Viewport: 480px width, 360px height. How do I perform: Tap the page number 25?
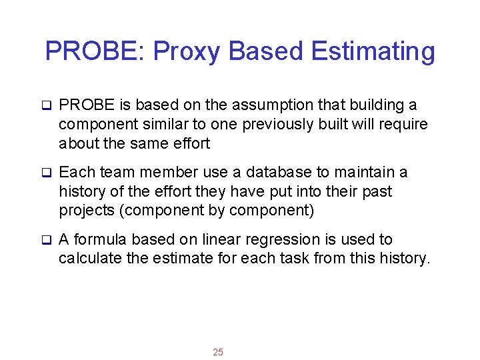pos(218,352)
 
